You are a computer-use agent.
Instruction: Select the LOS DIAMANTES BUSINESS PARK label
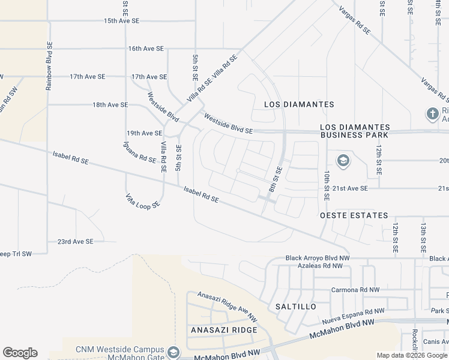click(355, 131)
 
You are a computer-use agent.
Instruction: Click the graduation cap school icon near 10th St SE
click(342, 160)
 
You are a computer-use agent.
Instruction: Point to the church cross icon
click(432, 113)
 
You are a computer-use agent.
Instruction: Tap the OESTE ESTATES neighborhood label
click(354, 215)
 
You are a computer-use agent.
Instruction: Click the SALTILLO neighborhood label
click(295, 307)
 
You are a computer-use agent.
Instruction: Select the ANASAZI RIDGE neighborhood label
click(224, 331)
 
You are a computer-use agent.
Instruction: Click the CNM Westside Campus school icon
click(173, 351)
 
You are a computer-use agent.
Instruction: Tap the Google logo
click(20, 353)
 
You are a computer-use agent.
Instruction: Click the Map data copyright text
click(412, 356)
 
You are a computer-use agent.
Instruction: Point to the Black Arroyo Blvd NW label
click(316, 258)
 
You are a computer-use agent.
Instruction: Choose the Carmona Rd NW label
click(355, 290)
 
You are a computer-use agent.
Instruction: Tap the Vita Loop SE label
click(143, 200)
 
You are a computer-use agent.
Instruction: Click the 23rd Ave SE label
click(75, 242)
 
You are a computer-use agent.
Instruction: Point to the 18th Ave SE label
click(110, 104)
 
